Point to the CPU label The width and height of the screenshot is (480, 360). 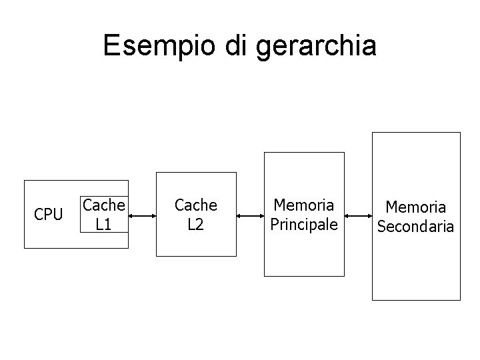48,215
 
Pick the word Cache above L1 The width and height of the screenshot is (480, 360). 103,205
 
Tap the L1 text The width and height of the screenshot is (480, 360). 103,225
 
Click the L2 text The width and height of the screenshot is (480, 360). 195,225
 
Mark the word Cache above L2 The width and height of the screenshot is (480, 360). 195,205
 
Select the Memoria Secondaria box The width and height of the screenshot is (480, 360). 415,267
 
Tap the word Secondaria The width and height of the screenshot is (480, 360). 415,227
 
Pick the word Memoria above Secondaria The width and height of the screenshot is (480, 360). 415,208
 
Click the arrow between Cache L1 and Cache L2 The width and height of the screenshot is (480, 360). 142,215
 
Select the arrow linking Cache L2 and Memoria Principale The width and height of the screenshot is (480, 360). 250,215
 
